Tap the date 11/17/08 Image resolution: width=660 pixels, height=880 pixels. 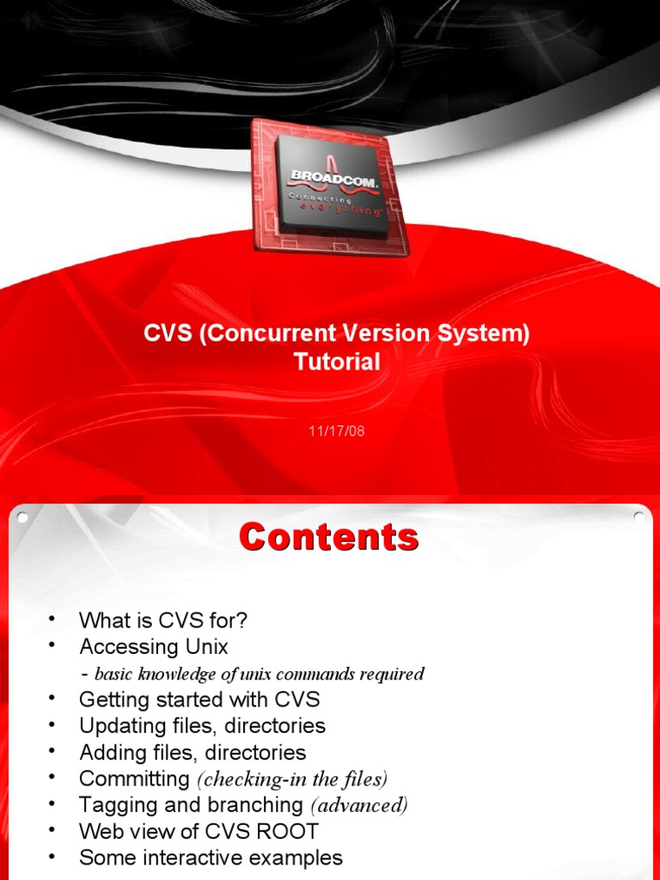[x=337, y=431]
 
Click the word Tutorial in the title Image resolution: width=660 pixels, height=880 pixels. [x=337, y=362]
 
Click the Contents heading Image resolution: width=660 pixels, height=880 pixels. [x=329, y=537]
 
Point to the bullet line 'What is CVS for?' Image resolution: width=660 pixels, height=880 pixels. [x=163, y=620]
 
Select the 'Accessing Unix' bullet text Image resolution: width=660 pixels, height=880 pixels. [x=154, y=645]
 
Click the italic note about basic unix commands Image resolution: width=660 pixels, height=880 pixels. [x=259, y=673]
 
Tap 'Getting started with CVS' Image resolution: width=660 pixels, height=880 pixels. [x=199, y=699]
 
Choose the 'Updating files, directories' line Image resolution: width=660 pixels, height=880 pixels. [x=202, y=725]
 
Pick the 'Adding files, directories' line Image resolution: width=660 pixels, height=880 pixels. [x=192, y=752]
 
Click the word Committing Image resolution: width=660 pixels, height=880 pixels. [x=134, y=779]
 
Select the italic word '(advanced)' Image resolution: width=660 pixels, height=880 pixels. [x=358, y=805]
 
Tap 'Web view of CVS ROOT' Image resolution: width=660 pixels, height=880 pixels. [x=199, y=831]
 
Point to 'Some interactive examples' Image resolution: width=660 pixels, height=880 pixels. [x=211, y=858]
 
